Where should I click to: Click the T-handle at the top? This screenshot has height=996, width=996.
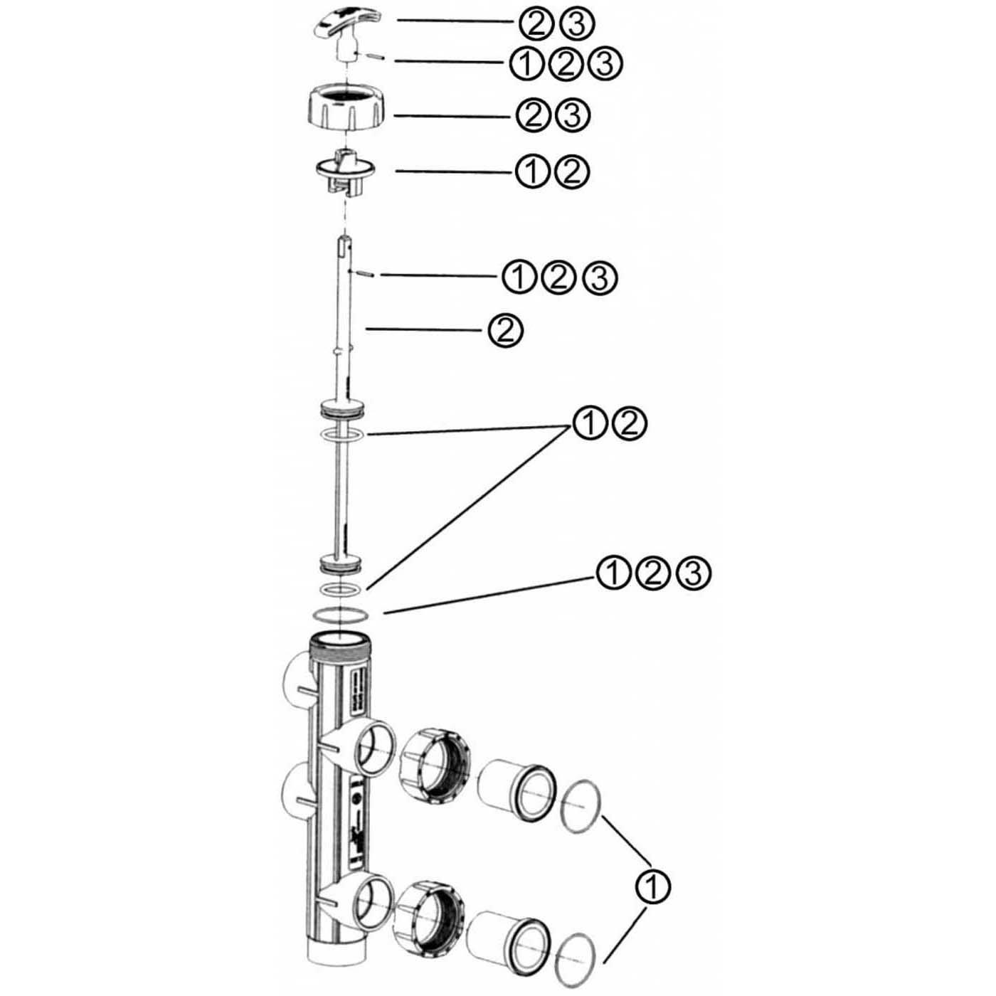[344, 33]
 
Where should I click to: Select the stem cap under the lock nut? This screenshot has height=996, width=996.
[344, 173]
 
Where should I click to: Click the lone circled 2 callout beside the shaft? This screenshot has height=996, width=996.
[506, 330]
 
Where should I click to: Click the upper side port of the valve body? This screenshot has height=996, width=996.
[372, 749]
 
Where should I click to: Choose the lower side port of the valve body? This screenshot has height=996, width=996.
[372, 903]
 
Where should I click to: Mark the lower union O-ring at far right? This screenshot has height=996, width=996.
[573, 960]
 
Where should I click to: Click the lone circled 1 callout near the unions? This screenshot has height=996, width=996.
[651, 886]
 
